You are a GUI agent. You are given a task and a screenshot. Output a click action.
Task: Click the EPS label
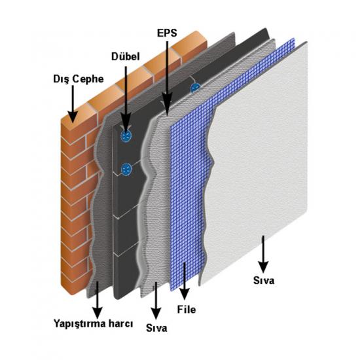point(167,33)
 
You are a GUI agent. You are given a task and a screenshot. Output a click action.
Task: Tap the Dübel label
point(126,56)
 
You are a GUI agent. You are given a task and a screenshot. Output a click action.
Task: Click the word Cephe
point(88,79)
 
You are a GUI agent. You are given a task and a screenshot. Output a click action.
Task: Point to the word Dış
point(62,79)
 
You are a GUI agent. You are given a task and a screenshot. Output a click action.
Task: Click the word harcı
point(121,324)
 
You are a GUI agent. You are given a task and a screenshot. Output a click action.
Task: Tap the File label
point(187,310)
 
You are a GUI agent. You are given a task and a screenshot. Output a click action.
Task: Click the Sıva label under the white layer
point(264,280)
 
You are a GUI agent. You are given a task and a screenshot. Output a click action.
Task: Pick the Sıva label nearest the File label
point(156,328)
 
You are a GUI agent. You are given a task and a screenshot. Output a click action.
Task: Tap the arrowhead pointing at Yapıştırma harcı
point(98,313)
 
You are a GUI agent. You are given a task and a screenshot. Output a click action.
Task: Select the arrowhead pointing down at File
point(185,294)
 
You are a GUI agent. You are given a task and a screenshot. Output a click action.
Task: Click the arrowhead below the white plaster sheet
point(263,267)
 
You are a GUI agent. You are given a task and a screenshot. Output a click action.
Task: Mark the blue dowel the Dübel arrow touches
point(126,136)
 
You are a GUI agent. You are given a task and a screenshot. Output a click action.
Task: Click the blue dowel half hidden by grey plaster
point(195,88)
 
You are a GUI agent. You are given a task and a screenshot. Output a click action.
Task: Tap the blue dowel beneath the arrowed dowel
point(126,170)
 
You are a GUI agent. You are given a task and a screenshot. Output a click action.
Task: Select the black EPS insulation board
point(128,207)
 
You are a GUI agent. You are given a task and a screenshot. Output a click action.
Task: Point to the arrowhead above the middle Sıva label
point(156,313)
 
